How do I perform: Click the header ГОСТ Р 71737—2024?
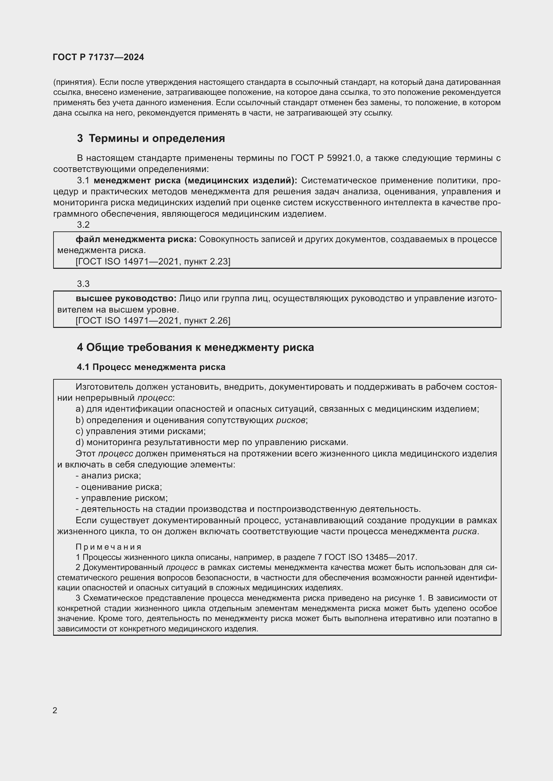[x=98, y=57]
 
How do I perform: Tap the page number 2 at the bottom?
[x=55, y=710]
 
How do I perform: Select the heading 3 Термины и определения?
[x=151, y=139]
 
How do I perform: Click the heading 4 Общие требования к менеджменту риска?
[x=195, y=347]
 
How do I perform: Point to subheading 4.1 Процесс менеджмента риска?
[x=151, y=367]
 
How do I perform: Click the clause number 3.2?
[x=83, y=225]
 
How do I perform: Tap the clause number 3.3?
[x=83, y=284]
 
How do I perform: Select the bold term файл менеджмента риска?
[x=136, y=239]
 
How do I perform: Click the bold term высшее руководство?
[x=126, y=299]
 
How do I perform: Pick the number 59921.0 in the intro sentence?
[x=343, y=158]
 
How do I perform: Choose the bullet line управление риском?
[x=122, y=498]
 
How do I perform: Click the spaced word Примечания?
[x=108, y=547]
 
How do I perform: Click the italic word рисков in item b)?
[x=291, y=420]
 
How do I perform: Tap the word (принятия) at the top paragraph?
[x=75, y=82]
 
